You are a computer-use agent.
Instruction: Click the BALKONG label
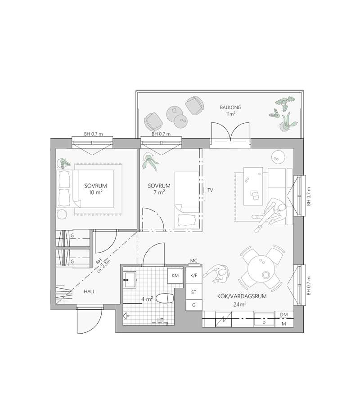pos(230,107)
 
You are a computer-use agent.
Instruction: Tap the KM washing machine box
pos(175,276)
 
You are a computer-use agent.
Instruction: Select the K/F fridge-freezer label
pos(194,276)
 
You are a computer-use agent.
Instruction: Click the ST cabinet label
pos(194,292)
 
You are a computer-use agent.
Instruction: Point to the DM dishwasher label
pos(283,315)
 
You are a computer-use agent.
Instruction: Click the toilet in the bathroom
pos(165,299)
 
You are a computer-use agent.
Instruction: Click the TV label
pos(210,190)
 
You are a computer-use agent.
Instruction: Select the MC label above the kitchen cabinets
pos(194,261)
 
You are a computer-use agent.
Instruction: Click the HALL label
pos(89,291)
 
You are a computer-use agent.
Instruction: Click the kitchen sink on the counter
pos(264,319)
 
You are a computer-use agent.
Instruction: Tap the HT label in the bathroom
pos(160,320)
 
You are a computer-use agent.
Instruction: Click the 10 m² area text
pos(95,192)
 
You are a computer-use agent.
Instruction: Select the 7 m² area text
pos(159,192)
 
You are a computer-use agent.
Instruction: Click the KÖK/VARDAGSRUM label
pos(242,296)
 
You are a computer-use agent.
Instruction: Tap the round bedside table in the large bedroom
pos(62,214)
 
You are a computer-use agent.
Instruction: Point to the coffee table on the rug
pos(253,186)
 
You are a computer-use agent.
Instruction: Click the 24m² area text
pos(240,304)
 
